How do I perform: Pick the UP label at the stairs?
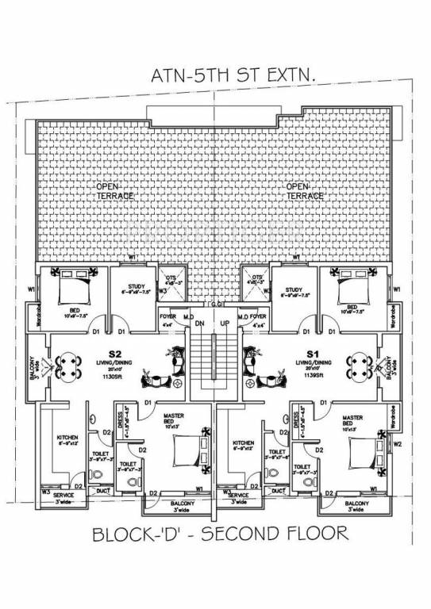[x=225, y=324]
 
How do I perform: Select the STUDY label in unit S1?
[x=294, y=289]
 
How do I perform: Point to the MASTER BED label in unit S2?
[x=174, y=420]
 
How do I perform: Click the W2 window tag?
[x=398, y=444]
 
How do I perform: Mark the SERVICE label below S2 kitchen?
[x=63, y=495]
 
